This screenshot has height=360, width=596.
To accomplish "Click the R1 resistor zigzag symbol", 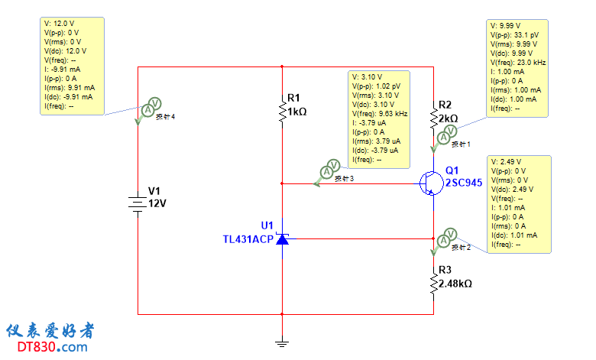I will [283, 111].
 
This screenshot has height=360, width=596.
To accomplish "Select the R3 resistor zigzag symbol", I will [433, 283].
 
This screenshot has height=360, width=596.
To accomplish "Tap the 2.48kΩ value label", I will [455, 284].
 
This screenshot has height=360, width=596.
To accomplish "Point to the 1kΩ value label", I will [297, 112].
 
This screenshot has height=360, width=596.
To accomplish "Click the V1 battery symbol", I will [138, 203].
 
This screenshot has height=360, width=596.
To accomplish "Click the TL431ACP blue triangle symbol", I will [282, 239].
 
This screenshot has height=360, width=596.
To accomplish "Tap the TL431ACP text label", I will [247, 238].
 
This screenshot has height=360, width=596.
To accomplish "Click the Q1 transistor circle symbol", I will [430, 183].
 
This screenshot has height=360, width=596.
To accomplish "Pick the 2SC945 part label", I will [464, 183].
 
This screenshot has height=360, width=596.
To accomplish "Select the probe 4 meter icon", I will [151, 106].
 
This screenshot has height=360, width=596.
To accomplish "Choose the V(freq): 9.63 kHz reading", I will [379, 114].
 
